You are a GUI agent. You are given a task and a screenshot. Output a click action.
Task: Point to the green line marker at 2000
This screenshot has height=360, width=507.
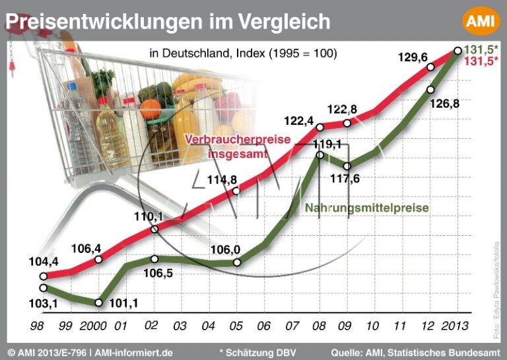(x=98, y=303)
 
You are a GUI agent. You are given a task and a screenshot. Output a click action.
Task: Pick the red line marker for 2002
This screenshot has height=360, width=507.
(x=154, y=229)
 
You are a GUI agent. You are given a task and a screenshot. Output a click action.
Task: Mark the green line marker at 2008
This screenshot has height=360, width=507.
(x=320, y=155)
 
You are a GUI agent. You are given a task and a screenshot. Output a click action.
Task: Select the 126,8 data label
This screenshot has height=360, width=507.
(x=444, y=104)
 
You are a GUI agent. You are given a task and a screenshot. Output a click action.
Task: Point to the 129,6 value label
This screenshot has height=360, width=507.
(x=413, y=57)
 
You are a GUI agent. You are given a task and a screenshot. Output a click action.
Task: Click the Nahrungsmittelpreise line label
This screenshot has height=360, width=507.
(x=366, y=208)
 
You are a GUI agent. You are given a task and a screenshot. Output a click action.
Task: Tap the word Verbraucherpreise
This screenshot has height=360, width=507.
(x=229, y=140)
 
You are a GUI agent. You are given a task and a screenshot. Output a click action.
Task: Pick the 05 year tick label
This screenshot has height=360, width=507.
(x=237, y=327)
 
